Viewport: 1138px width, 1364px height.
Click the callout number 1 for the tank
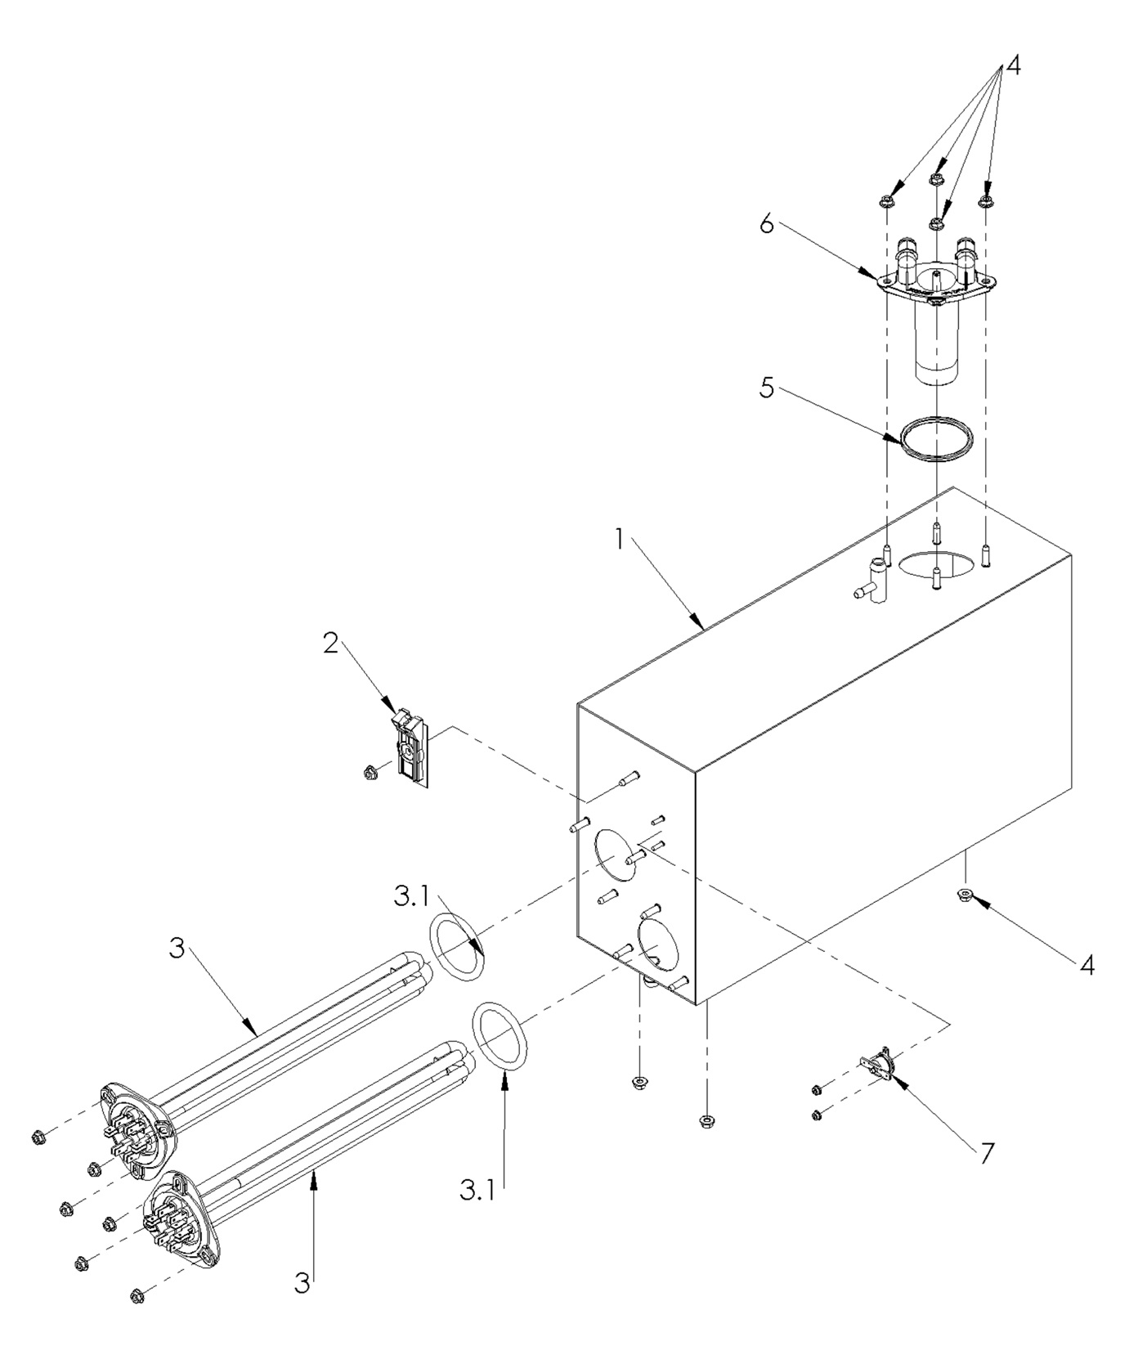coord(620,540)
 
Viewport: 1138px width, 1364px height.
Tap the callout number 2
coord(330,644)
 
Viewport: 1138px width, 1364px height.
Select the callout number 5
coord(766,388)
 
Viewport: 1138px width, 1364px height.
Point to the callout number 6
coord(766,223)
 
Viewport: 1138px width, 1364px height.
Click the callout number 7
coord(987,1154)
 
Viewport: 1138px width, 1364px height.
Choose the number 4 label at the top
coord(1012,65)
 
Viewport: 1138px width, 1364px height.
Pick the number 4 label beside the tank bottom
coord(1086,966)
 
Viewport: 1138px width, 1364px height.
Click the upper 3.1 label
coord(410,896)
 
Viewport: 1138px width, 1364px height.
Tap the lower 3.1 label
coord(477,1191)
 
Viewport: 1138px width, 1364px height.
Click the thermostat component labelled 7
coord(878,1062)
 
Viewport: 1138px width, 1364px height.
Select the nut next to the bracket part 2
coord(369,769)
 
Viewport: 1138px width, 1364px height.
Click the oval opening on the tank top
coord(937,565)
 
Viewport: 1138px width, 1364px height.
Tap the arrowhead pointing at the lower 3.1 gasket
coord(504,1081)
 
